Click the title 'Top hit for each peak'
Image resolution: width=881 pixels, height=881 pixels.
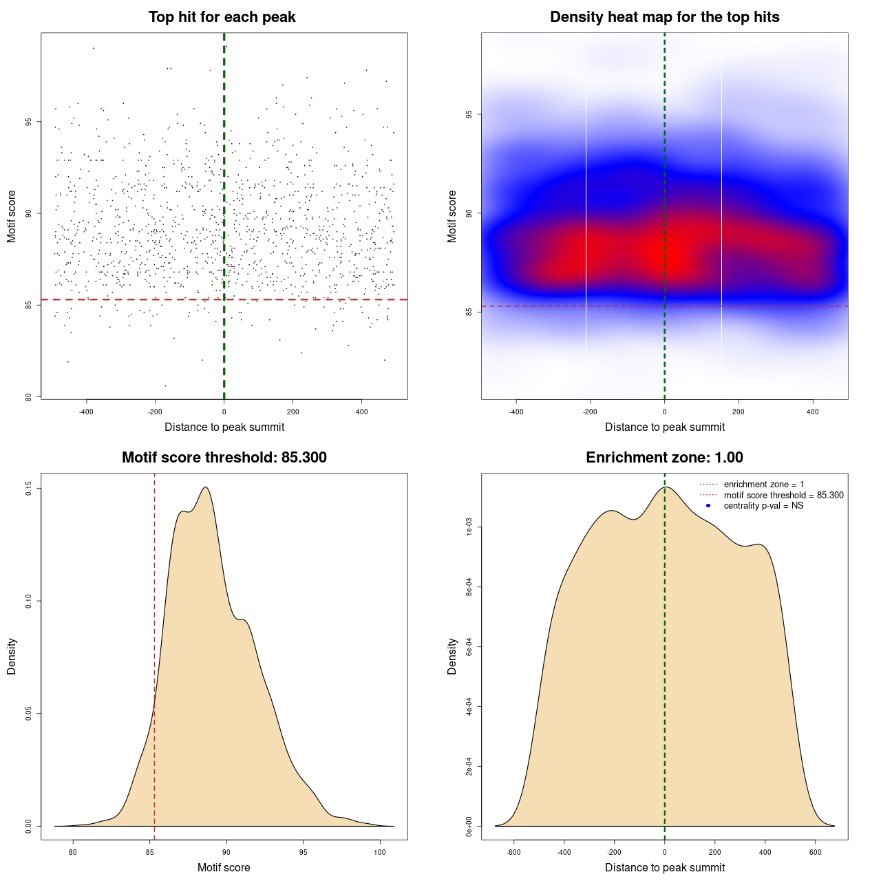(222, 17)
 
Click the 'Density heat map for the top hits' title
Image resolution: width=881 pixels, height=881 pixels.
(664, 17)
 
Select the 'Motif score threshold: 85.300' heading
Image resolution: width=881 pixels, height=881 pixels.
(224, 458)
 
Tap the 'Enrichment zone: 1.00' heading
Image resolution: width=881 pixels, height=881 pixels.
(664, 458)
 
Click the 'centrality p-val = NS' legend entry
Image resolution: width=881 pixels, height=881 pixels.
(763, 506)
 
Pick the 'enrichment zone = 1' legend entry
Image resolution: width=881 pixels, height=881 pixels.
(763, 485)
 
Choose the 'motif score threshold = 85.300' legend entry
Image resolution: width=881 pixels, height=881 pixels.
(783, 495)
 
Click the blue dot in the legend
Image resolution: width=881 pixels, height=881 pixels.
(708, 506)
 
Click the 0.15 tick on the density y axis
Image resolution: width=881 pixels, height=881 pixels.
(29, 489)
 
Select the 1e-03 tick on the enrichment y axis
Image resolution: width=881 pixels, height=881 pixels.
(469, 528)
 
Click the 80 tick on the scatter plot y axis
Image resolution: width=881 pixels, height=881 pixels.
(29, 396)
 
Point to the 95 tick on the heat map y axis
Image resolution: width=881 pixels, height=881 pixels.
(469, 114)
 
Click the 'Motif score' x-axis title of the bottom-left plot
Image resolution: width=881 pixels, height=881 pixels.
(224, 867)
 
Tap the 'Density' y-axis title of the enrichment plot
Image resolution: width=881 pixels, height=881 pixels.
(452, 656)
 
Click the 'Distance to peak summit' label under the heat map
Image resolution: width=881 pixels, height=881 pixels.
(664, 427)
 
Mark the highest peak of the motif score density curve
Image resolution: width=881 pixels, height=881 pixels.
(206, 487)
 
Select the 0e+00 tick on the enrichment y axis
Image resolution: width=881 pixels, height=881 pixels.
(469, 826)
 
